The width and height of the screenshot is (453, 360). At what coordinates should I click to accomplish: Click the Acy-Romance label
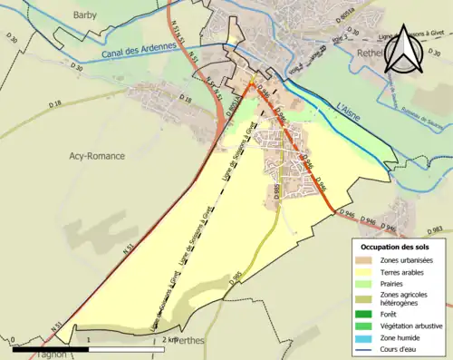click(100, 156)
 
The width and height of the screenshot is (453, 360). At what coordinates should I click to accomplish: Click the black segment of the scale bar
click(52, 349)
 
